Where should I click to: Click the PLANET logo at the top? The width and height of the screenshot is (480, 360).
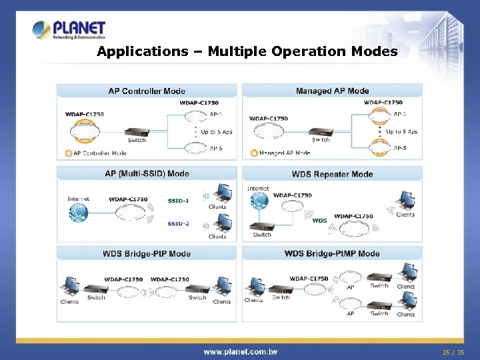pyautogui.click(x=69, y=30)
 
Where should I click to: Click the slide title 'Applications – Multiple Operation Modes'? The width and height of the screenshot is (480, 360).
pyautogui.click(x=247, y=51)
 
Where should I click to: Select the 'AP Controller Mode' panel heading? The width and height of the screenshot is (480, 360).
pyautogui.click(x=147, y=91)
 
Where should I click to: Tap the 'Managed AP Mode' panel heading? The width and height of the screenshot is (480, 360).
pyautogui.click(x=332, y=91)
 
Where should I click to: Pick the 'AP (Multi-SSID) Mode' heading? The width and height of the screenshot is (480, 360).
pyautogui.click(x=147, y=174)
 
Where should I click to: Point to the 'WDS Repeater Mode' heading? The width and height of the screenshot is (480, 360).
pyautogui.click(x=332, y=174)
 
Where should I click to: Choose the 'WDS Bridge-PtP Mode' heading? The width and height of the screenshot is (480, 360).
pyautogui.click(x=147, y=253)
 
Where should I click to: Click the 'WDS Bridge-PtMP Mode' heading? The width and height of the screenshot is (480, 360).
pyautogui.click(x=332, y=253)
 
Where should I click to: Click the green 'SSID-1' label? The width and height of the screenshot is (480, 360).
pyautogui.click(x=179, y=201)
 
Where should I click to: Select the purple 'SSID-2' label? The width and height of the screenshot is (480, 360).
pyautogui.click(x=179, y=223)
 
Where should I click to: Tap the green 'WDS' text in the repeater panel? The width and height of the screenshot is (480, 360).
pyautogui.click(x=320, y=220)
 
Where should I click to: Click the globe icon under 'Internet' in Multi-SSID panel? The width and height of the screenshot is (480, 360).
pyautogui.click(x=78, y=213)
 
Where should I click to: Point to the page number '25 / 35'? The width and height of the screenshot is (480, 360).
pyautogui.click(x=454, y=351)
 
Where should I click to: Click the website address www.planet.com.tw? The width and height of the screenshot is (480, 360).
pyautogui.click(x=240, y=351)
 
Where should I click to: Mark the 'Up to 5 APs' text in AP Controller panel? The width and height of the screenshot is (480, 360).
pyautogui.click(x=217, y=132)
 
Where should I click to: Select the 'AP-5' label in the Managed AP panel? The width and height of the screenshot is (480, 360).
pyautogui.click(x=400, y=148)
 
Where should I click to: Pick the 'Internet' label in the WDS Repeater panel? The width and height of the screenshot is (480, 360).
pyautogui.click(x=258, y=189)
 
